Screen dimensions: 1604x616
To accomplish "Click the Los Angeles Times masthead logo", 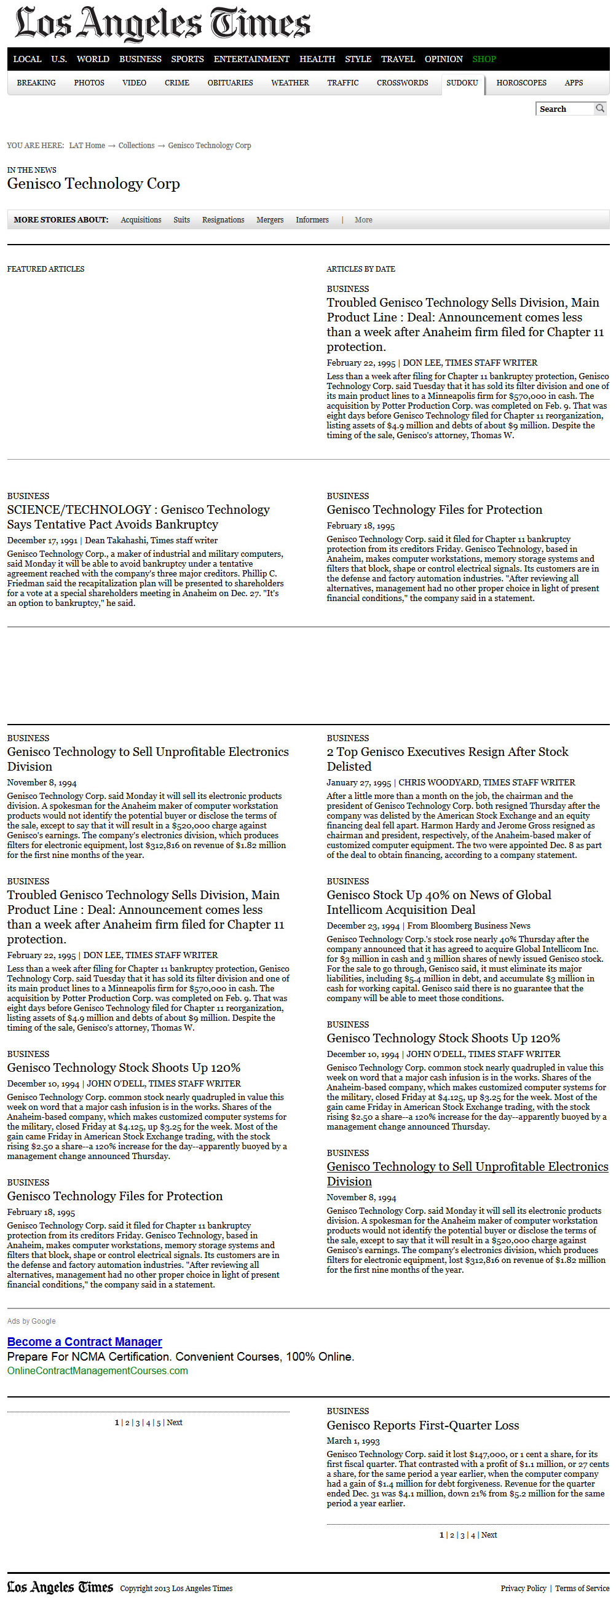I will coord(162,24).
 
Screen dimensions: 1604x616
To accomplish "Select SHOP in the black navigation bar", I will coord(484,59).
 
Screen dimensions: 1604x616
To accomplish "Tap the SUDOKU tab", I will coord(462,83).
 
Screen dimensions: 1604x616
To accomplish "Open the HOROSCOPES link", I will coord(521,83).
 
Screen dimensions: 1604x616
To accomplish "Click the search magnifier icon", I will coord(600,108).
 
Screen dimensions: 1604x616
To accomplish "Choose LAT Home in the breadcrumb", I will coord(87,146).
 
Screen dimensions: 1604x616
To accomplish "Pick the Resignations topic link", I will coord(223,220).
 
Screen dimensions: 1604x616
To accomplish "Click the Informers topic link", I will coord(312,220).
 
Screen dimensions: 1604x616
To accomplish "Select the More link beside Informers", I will coord(363,220).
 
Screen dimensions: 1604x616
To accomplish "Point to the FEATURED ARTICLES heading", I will coord(45,269).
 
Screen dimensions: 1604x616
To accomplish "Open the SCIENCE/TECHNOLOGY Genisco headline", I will coord(138,517).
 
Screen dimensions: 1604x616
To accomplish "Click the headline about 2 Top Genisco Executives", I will coord(447,759).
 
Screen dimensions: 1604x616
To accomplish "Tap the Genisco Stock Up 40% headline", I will coord(438,902).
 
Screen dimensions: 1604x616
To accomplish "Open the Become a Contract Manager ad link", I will coord(85,1342).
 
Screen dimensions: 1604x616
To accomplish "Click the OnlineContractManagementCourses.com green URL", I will coord(98,1370).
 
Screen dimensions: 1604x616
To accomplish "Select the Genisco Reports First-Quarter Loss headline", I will coord(423,1426).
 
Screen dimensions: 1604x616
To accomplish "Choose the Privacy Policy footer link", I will coord(523,1589).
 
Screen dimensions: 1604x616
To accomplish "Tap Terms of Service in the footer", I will coord(582,1589).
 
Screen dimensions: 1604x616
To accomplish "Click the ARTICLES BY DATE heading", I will coord(361,269).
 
